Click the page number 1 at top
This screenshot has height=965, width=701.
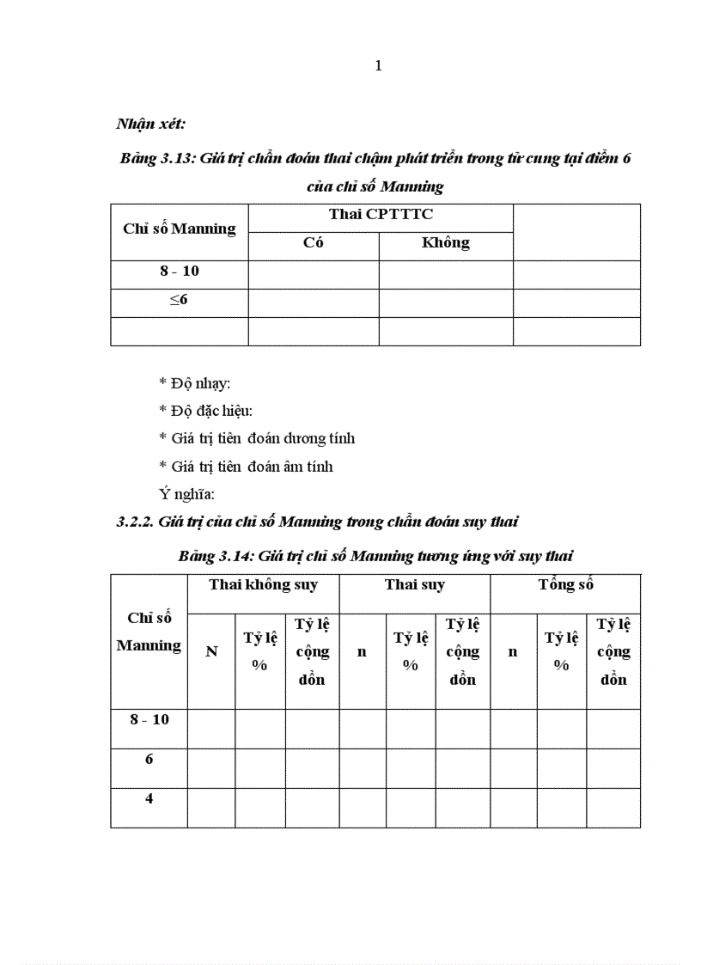coord(378,67)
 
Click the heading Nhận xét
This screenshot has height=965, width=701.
coord(150,124)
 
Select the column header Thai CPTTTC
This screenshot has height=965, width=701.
coord(381,215)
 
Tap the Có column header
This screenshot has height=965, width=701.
coord(314,242)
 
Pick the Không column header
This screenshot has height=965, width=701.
coord(445,242)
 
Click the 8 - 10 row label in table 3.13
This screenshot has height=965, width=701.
coord(179,271)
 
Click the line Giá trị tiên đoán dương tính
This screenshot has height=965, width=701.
coord(256,438)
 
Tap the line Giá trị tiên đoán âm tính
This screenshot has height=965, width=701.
coord(246,467)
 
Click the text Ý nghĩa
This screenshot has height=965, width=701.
coord(186,494)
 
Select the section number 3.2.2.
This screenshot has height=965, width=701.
coord(135,522)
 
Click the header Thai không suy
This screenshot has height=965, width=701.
coord(263,585)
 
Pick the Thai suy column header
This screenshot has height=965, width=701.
coord(414,585)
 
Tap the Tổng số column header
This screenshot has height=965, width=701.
coord(565,585)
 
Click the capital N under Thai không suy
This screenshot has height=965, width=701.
coord(211,651)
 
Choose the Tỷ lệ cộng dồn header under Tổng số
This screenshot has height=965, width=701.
coord(613,651)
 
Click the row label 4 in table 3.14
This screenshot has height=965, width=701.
coord(149,798)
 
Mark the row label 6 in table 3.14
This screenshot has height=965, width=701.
coord(149,759)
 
